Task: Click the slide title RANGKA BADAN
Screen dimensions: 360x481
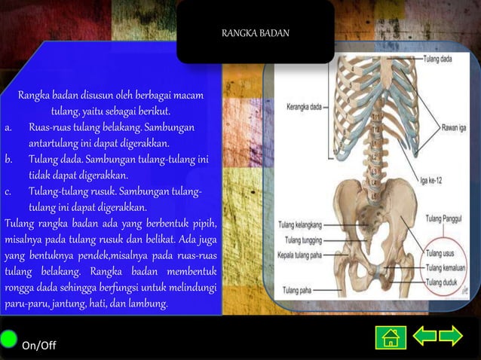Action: tap(256, 33)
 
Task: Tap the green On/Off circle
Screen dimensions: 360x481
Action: tap(9, 338)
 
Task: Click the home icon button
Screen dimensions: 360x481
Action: tap(391, 337)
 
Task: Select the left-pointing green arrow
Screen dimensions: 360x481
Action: tap(424, 336)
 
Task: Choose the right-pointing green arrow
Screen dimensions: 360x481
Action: tap(451, 336)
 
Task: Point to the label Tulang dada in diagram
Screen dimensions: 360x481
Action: tap(437, 58)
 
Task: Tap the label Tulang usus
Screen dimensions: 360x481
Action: tap(442, 255)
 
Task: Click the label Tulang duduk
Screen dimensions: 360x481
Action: tap(443, 282)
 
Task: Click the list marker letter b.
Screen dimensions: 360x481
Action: tap(8, 160)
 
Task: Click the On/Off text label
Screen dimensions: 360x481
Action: tap(38, 345)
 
